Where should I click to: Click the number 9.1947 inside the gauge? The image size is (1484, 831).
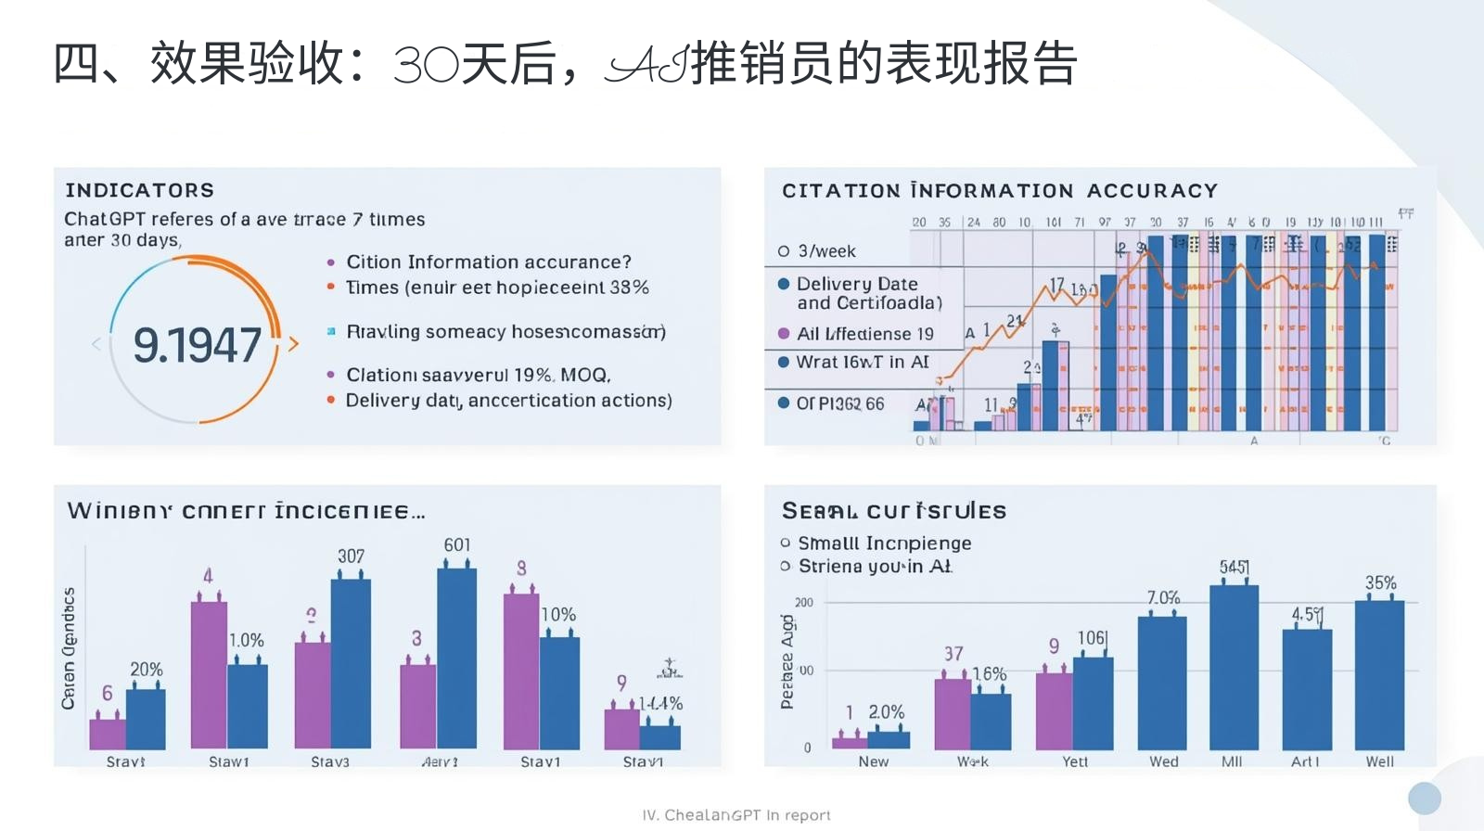pos(197,345)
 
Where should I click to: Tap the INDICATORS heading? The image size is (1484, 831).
pos(140,190)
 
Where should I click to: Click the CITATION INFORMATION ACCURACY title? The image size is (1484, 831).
pos(999,191)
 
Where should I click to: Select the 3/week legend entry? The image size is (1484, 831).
pos(817,251)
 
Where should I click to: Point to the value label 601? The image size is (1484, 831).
pos(456,545)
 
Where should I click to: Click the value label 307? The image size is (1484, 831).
pos(351,556)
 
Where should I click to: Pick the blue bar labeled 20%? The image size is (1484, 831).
pos(146,719)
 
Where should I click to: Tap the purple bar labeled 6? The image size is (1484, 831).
pos(108,734)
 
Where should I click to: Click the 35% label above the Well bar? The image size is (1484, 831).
pos(1380,582)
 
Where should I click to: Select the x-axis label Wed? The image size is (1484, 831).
pos(1164,761)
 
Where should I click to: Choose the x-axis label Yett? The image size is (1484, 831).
pos(1075,761)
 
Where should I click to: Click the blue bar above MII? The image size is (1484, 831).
pos(1234,668)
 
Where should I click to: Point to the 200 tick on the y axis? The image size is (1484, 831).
pos(803,603)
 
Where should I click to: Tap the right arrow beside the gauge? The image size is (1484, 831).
pos(294,344)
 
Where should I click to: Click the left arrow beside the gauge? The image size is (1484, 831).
pos(96,344)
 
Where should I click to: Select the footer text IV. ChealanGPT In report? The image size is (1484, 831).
pos(736,815)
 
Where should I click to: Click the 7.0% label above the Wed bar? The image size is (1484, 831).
pos(1163,598)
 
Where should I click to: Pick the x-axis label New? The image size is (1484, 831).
pos(873,761)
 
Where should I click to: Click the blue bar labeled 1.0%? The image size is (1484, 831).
pos(248,706)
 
